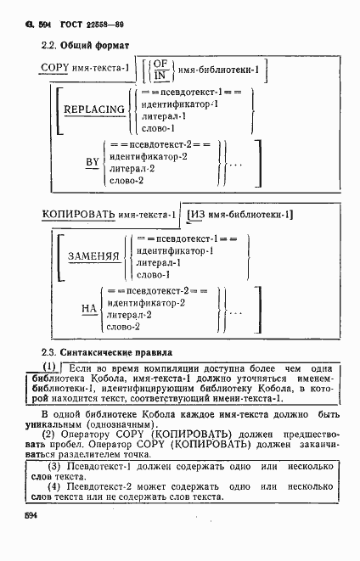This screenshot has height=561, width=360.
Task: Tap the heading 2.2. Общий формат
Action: [x=82, y=42]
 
